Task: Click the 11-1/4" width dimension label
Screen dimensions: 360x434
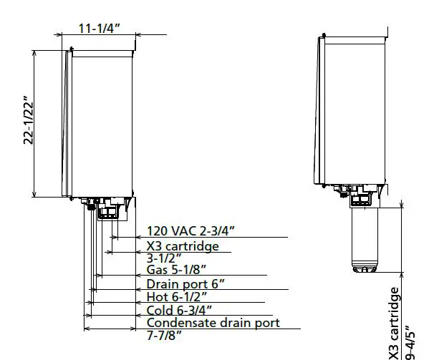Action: click(x=100, y=28)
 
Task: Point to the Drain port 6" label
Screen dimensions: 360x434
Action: click(x=185, y=283)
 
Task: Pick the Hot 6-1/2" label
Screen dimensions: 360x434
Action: click(x=176, y=296)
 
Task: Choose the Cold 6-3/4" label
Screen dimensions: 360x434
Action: click(x=178, y=310)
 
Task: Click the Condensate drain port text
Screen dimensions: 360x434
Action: click(x=213, y=323)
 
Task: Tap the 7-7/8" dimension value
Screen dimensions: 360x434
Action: click(x=164, y=335)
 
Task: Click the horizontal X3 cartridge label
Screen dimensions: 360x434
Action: click(x=183, y=245)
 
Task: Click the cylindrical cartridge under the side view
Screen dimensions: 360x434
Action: click(x=366, y=236)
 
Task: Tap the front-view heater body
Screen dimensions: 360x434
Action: click(x=100, y=122)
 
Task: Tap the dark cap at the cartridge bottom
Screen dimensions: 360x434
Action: click(x=366, y=269)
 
